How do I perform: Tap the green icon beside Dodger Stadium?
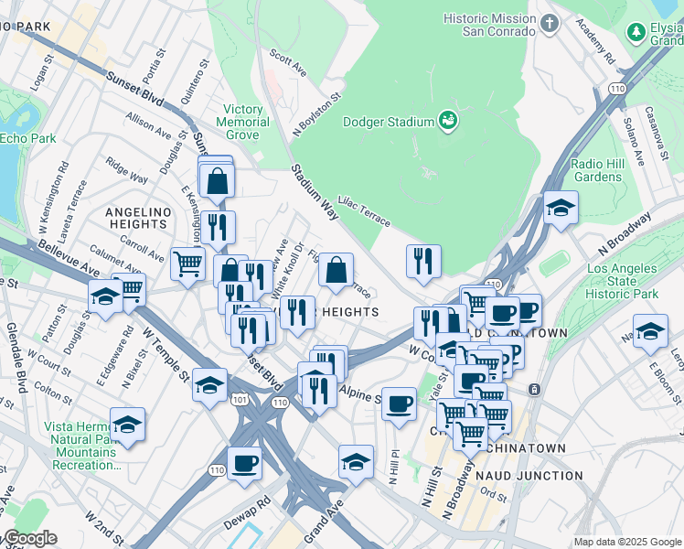point(448,120)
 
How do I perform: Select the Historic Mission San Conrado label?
point(488,25)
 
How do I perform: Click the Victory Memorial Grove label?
point(242,122)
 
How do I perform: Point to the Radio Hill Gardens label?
point(596,170)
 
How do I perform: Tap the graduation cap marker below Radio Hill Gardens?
point(561,209)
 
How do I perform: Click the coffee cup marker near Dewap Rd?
point(243,464)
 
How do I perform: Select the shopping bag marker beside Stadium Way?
point(336,271)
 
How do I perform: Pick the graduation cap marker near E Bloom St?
point(650,331)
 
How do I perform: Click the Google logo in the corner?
point(28,538)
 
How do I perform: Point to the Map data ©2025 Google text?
point(626,541)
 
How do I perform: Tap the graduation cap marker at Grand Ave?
point(356,462)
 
